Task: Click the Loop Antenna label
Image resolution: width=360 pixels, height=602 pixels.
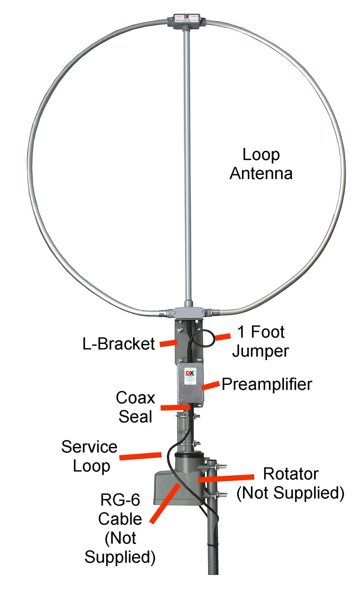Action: (261, 164)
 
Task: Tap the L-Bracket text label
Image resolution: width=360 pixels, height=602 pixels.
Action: (118, 344)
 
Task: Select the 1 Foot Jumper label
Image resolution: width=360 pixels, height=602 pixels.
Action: (261, 341)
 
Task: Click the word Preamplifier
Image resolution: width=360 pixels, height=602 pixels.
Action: (267, 384)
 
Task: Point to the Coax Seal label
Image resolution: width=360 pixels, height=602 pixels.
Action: (135, 407)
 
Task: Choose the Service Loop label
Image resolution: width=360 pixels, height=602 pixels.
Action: (90, 456)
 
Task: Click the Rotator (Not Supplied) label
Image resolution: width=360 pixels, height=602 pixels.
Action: (290, 483)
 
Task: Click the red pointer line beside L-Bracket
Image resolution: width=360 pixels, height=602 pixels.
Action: (168, 343)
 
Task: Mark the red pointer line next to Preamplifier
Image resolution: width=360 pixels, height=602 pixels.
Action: (211, 385)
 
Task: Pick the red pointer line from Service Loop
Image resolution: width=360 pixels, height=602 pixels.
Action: (141, 456)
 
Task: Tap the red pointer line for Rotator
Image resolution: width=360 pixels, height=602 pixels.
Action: (226, 478)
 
